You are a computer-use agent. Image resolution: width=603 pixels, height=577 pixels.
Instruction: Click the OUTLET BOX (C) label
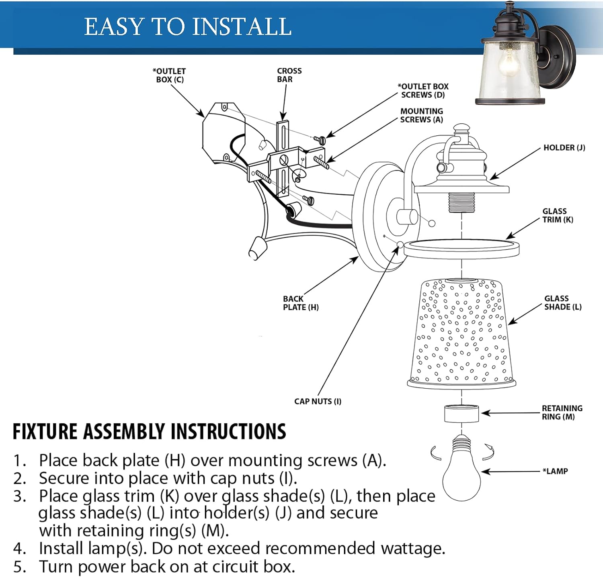point(169,75)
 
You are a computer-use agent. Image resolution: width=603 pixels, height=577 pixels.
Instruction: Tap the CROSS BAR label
point(289,75)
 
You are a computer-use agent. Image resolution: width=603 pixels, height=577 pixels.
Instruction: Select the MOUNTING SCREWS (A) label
point(421,115)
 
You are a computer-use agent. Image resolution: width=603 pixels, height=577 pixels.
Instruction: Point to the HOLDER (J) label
point(564,148)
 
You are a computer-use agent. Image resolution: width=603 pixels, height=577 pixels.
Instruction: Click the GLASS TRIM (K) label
point(558,216)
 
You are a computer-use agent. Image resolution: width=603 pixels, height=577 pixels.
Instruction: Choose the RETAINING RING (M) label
point(562,412)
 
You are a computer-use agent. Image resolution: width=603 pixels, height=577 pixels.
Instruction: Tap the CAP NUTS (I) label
point(318,401)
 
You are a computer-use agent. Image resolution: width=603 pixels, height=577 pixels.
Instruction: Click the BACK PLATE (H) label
point(300,303)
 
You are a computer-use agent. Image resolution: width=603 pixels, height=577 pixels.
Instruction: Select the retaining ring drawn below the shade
point(461,414)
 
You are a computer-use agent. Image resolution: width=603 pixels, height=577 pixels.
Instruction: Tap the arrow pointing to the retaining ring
point(511,413)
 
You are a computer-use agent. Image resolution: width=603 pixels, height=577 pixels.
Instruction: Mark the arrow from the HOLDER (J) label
point(515,163)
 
